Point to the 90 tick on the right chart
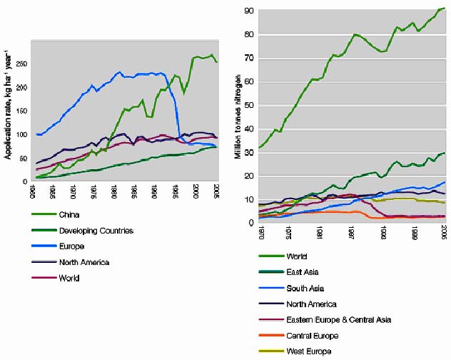pos(250,11)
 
